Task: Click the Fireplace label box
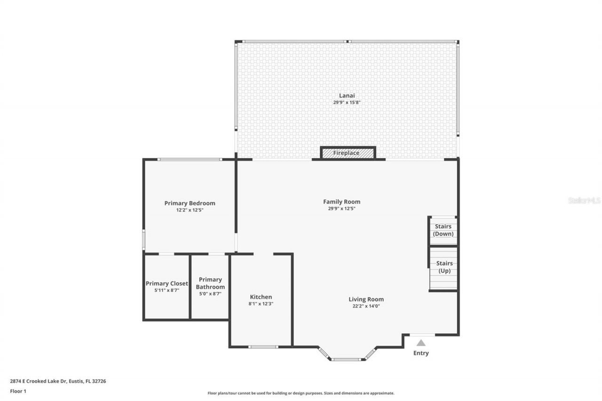pyautogui.click(x=348, y=153)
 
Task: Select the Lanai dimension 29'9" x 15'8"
pyautogui.click(x=347, y=102)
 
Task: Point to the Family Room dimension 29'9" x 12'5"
pyautogui.click(x=342, y=208)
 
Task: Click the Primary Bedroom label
pyautogui.click(x=190, y=203)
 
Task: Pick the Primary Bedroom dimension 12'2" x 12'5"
pyautogui.click(x=190, y=210)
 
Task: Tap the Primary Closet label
pyautogui.click(x=166, y=283)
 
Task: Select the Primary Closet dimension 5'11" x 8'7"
pyautogui.click(x=166, y=291)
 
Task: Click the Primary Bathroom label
pyautogui.click(x=210, y=283)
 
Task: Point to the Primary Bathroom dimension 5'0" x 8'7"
pyautogui.click(x=210, y=294)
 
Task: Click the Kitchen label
pyautogui.click(x=261, y=297)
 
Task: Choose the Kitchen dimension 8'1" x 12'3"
pyautogui.click(x=261, y=304)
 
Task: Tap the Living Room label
pyautogui.click(x=366, y=299)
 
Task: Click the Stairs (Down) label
pyautogui.click(x=443, y=230)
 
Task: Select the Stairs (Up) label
pyautogui.click(x=444, y=267)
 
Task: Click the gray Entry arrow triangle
pyautogui.click(x=421, y=343)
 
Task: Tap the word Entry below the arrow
pyautogui.click(x=421, y=353)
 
